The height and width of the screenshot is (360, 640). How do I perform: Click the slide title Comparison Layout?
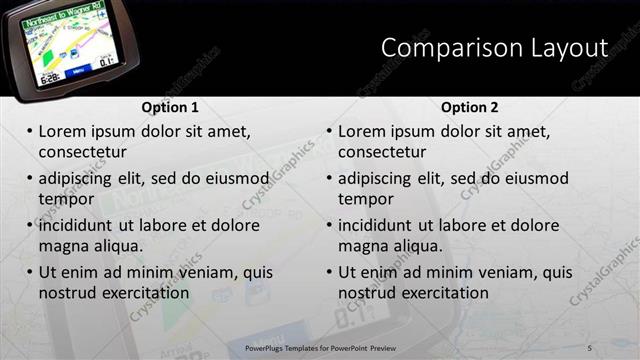tap(495, 48)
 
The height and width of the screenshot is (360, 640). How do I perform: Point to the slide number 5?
tap(590, 347)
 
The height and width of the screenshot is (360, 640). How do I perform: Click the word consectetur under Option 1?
tap(82, 152)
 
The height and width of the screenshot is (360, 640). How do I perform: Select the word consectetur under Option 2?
tap(382, 152)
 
